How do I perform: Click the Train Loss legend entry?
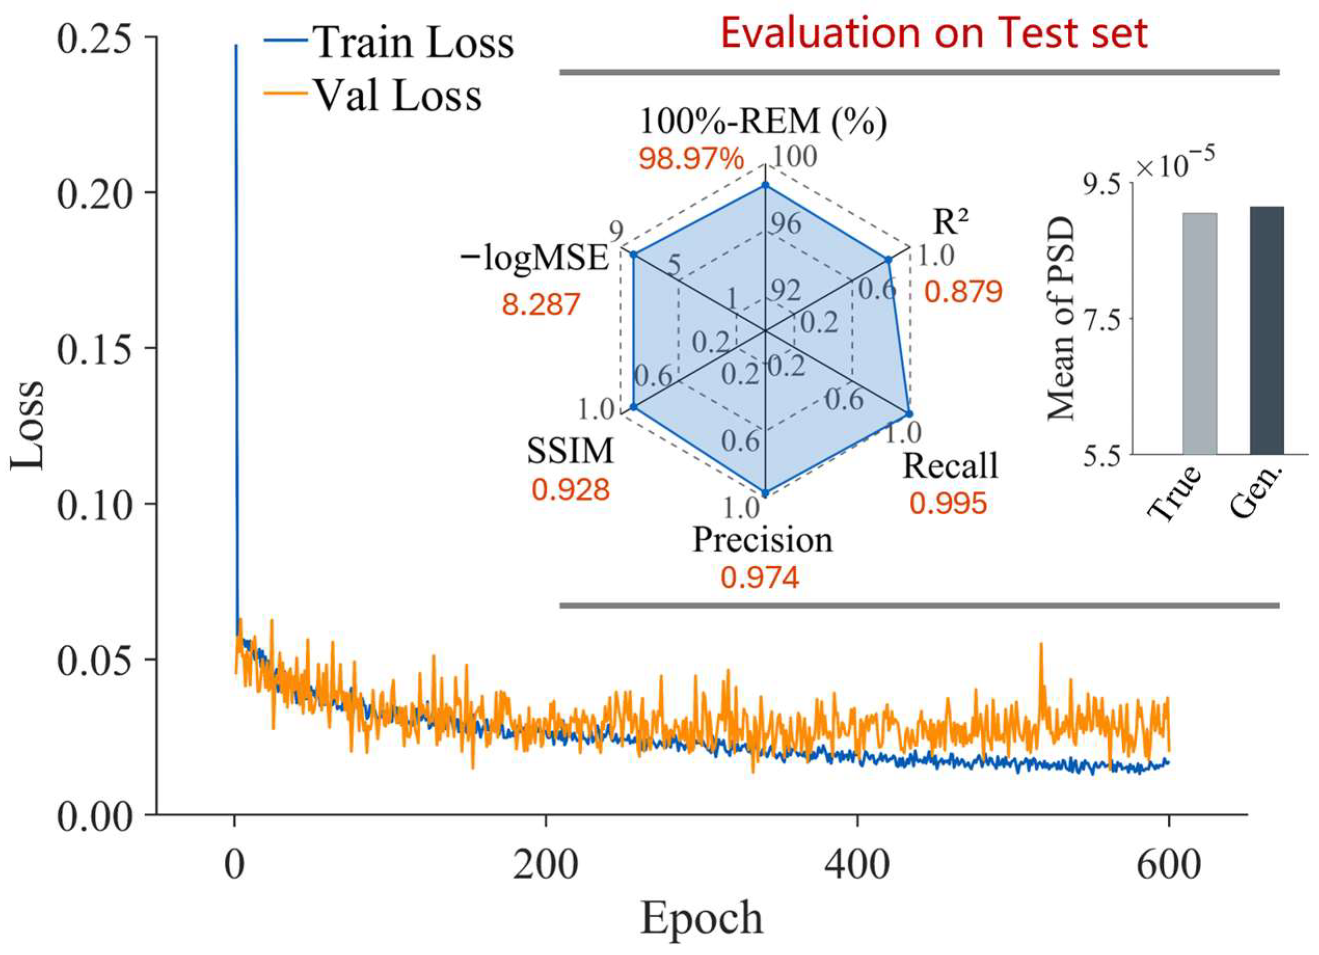pos(388,42)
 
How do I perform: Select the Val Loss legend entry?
pos(372,94)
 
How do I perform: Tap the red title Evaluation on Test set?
pos(934,33)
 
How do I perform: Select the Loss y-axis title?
pos(27,425)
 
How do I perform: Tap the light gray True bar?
pos(1199,333)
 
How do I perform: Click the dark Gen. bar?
pos(1267,330)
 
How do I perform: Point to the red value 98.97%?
pos(691,158)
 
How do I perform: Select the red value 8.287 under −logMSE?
pos(541,304)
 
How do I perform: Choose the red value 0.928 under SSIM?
pos(570,490)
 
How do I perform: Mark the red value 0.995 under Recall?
pos(948,503)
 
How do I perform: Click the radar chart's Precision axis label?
pos(763,540)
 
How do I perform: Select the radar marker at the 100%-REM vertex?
pos(765,185)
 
